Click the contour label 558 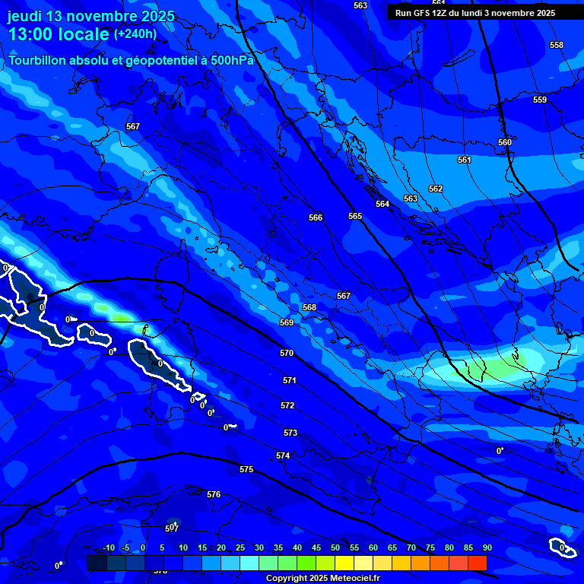[557, 45]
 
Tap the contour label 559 [539, 100]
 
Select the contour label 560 [504, 142]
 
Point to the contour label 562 [435, 189]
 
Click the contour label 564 [382, 204]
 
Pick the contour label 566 [316, 217]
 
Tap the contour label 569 [286, 322]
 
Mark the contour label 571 [289, 380]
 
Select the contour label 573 [290, 433]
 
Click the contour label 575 [246, 469]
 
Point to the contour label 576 [214, 494]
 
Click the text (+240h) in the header [135, 33]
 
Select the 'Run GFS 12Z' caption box [475, 13]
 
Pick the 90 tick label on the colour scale [487, 547]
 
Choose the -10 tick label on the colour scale [109, 547]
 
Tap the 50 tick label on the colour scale [335, 547]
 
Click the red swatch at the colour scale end [477, 563]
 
